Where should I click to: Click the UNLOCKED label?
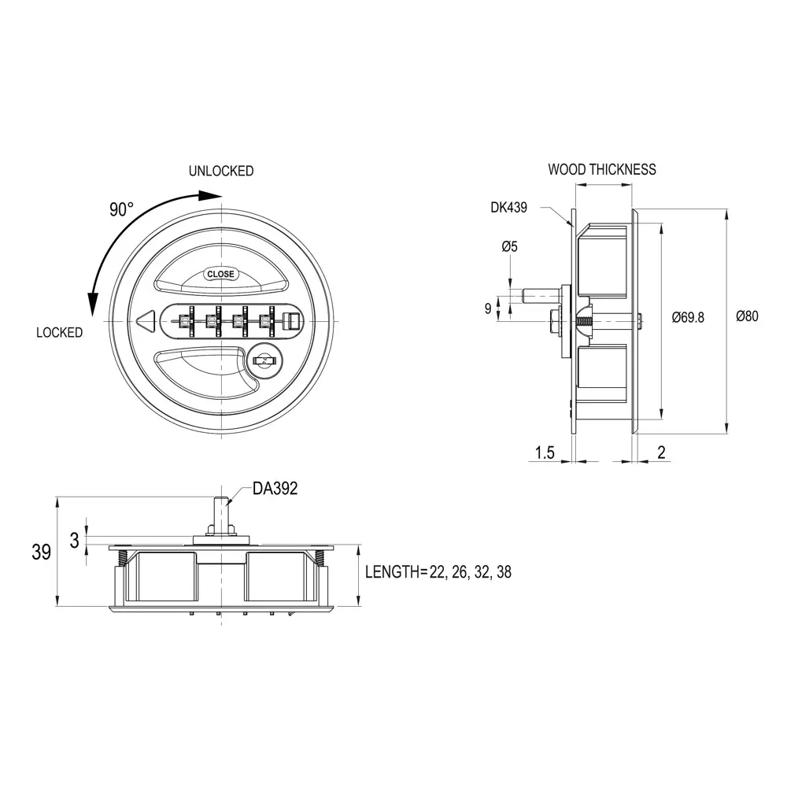coord(220,171)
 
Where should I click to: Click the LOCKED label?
coord(59,333)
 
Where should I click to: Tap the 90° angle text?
coord(121,209)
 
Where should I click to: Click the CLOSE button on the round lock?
coord(220,274)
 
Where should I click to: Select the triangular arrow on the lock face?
coord(144,322)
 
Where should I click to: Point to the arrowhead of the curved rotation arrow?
coord(93,304)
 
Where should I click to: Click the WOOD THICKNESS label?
coord(601,169)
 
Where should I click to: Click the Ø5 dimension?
coord(509,247)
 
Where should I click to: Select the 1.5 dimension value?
coord(545,453)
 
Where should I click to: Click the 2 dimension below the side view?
coord(661,452)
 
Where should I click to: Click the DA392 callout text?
coord(275,489)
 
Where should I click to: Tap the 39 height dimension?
coord(41,552)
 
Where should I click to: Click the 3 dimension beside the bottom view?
coord(74,541)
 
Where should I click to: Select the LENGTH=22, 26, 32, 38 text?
coord(438,572)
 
